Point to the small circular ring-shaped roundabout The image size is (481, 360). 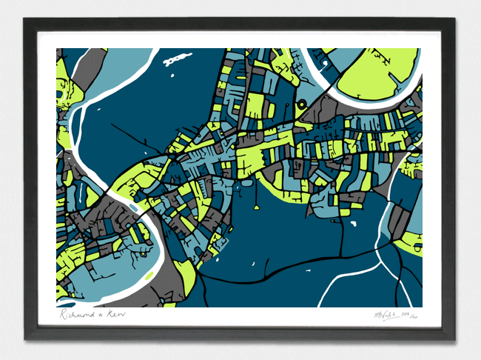point(303,104)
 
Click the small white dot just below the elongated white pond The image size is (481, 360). point(171,74)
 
